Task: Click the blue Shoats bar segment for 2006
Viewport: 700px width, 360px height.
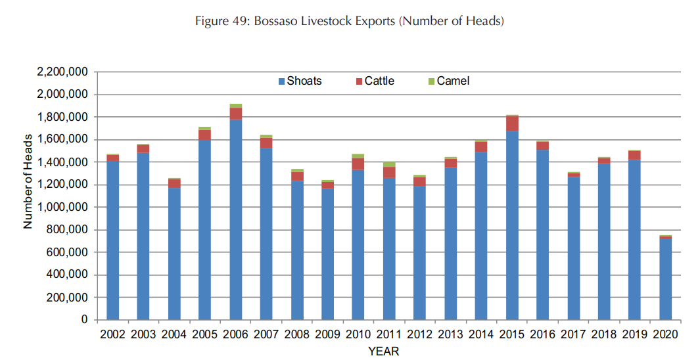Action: pyautogui.click(x=235, y=220)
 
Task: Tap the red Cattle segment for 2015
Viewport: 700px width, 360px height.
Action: pyautogui.click(x=512, y=124)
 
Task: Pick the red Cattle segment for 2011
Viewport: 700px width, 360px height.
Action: pyautogui.click(x=389, y=172)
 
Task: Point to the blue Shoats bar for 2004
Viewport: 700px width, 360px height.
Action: pyautogui.click(x=174, y=254)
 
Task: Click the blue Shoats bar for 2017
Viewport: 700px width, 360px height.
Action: pyautogui.click(x=573, y=248)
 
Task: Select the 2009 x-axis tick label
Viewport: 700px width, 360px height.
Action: pyautogui.click(x=327, y=334)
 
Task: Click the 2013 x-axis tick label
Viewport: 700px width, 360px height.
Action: pyautogui.click(x=450, y=334)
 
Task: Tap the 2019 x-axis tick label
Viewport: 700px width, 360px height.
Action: pyautogui.click(x=634, y=334)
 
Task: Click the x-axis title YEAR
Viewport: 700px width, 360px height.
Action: pyautogui.click(x=383, y=351)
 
